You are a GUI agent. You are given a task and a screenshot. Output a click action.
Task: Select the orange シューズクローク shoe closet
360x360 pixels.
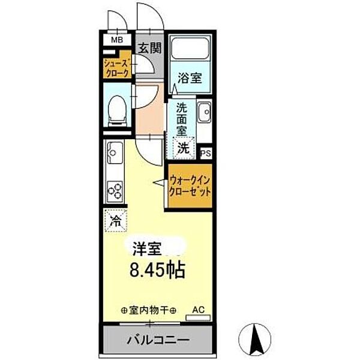coord(115,66)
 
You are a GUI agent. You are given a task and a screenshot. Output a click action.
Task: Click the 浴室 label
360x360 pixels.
coord(189,79)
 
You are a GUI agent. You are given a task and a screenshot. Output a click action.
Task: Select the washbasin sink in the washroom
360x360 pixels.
coord(205,111)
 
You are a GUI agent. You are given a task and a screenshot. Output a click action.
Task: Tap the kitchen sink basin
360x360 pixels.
coord(114,154)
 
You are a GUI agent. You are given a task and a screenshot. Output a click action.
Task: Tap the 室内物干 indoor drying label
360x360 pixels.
coord(148,311)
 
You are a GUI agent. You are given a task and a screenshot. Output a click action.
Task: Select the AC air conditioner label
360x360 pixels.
coord(197,310)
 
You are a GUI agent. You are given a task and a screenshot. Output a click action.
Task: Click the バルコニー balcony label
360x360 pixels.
coord(158,340)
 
